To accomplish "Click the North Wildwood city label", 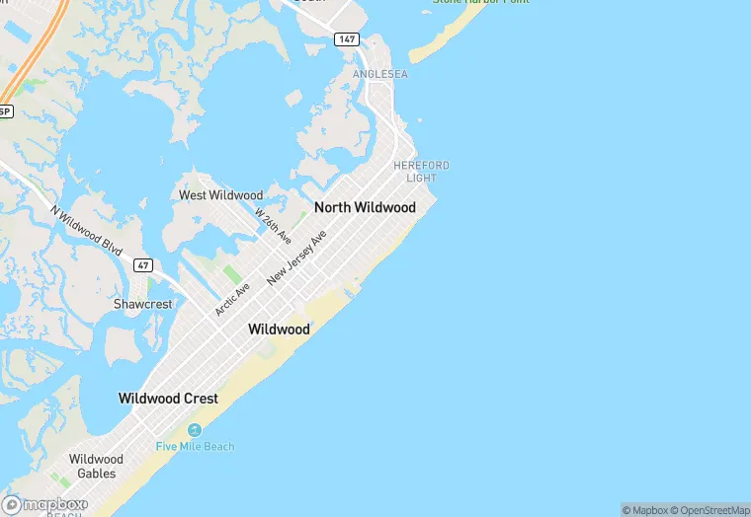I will (365, 208).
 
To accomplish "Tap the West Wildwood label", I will (220, 195).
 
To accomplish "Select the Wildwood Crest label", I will (168, 399).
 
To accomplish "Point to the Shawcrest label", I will (142, 304).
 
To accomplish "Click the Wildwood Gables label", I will (96, 466).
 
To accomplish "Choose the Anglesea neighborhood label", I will (379, 74).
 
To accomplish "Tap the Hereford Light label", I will (421, 172).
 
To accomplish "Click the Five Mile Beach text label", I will (195, 447).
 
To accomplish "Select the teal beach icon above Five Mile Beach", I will (195, 430).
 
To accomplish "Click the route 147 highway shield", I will (346, 39).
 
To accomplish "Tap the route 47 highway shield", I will (143, 265).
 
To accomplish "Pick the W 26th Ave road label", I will (273, 226).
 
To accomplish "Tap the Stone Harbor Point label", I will (480, 2).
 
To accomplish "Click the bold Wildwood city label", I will (280, 329).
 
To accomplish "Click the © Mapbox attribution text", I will (645, 510).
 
